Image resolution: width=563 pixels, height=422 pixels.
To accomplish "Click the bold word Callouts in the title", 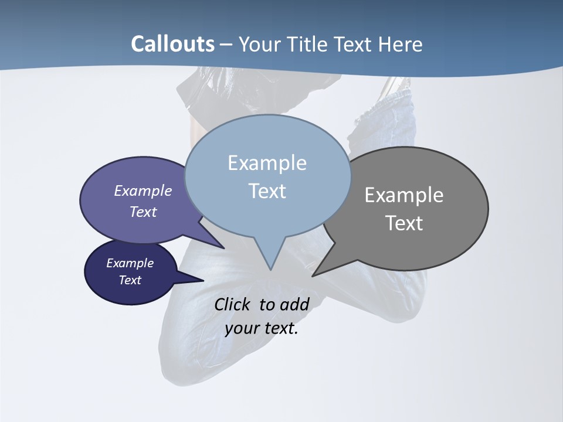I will [x=173, y=44].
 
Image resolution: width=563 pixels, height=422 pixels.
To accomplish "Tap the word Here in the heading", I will [x=400, y=44].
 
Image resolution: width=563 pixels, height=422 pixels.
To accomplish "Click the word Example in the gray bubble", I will [x=404, y=195].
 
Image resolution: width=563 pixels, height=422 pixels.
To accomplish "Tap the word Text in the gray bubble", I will [x=404, y=223].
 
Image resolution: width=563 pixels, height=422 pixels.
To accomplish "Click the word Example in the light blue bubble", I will [x=267, y=163].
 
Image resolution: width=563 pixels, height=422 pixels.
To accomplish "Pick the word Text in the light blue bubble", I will [x=267, y=191].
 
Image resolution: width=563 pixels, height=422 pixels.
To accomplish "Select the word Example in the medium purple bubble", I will [x=143, y=190].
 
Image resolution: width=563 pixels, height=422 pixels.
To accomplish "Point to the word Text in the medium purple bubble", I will [x=143, y=212].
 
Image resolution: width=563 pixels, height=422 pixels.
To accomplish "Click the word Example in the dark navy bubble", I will [x=130, y=263].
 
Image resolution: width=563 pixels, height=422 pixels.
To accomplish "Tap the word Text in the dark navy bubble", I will [x=130, y=280].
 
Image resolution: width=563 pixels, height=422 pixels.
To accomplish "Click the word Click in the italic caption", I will [x=233, y=304].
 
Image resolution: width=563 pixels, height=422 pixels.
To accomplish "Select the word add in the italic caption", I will [x=294, y=304].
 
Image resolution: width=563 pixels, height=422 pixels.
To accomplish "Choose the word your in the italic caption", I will [x=241, y=328].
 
